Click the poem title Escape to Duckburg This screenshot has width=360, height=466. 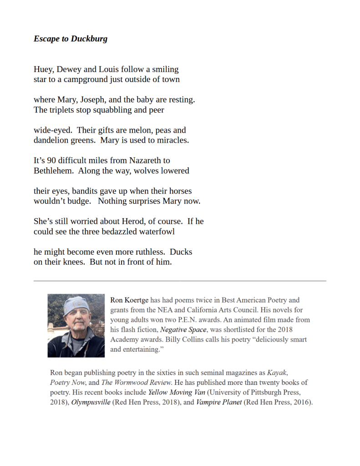click(x=71, y=39)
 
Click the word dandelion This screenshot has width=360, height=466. click(x=51, y=140)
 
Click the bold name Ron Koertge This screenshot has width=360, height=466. click(x=130, y=300)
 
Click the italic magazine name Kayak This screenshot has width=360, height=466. click(x=276, y=373)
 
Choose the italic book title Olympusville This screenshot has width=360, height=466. click(x=91, y=403)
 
